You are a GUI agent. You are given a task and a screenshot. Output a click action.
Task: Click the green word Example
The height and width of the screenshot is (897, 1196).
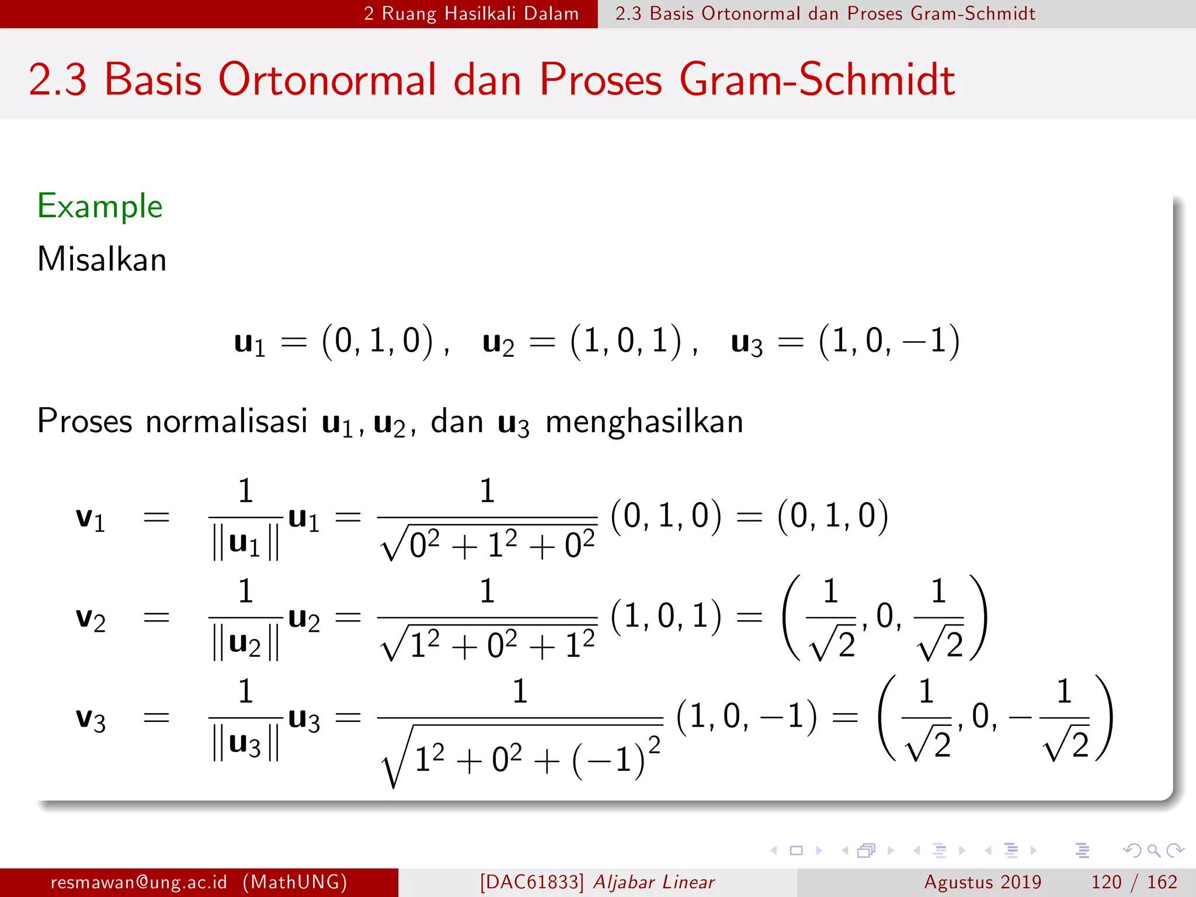(100, 206)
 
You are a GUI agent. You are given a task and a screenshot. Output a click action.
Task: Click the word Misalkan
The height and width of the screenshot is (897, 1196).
(102, 259)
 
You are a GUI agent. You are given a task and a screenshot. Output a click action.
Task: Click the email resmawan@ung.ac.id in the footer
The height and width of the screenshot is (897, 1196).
(138, 882)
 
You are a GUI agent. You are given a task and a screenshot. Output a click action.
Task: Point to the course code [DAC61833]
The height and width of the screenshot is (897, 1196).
(531, 882)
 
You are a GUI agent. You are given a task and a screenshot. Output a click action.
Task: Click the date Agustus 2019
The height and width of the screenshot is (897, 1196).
(982, 882)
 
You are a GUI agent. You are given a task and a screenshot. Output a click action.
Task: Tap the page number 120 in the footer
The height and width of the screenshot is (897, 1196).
(1106, 882)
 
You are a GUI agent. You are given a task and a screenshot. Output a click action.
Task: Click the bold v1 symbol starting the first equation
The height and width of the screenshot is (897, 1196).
(91, 518)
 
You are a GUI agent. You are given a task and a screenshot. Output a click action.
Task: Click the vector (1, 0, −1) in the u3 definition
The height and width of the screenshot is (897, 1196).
(889, 341)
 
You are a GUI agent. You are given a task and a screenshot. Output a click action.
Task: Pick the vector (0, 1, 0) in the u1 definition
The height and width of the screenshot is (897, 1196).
(378, 341)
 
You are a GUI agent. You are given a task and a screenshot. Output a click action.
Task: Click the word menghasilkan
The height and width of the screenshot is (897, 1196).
(644, 421)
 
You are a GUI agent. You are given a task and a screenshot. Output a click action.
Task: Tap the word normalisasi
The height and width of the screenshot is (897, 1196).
(226, 421)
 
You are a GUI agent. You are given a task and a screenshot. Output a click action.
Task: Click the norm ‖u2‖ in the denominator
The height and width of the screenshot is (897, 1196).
(245, 644)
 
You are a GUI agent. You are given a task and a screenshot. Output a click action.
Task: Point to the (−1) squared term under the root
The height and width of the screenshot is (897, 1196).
(616, 759)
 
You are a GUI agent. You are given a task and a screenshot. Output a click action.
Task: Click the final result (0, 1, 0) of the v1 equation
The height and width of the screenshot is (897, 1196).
(833, 516)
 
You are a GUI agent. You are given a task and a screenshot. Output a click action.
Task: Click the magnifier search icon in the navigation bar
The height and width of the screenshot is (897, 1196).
(1153, 850)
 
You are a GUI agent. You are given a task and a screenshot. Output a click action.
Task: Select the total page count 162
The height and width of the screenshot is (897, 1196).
(1162, 882)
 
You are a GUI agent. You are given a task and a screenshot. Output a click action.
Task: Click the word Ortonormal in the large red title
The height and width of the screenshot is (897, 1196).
(327, 80)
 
